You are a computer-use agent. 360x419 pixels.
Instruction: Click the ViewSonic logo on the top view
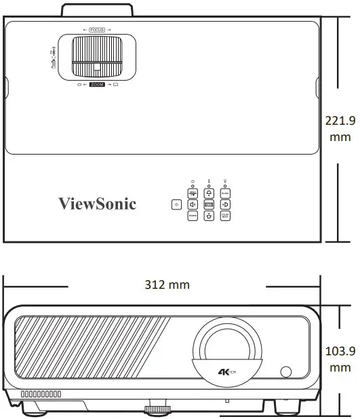[97, 203]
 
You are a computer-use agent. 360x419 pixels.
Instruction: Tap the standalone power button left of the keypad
[176, 204]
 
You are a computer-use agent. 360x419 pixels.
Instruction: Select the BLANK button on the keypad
[225, 193]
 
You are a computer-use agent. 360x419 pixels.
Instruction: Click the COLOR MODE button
[225, 216]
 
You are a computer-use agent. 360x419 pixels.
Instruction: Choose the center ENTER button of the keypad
[209, 204]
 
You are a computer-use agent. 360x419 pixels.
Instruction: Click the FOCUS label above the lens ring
[97, 31]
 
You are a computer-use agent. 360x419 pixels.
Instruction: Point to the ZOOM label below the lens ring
[98, 83]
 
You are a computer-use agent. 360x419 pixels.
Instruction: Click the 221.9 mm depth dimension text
[340, 129]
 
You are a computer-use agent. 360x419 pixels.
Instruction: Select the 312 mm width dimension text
[167, 285]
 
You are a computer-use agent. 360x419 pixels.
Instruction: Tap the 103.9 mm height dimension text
[340, 359]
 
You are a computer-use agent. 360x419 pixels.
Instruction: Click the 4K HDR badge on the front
[227, 371]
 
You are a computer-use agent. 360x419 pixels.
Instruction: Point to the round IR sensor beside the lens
[285, 372]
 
